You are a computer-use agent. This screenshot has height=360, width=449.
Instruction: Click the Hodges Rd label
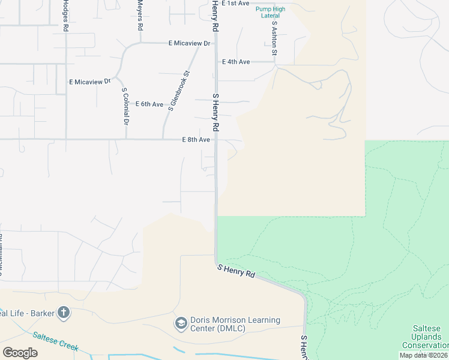pos(65,16)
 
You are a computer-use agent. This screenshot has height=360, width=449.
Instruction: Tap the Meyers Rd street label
pos(140,16)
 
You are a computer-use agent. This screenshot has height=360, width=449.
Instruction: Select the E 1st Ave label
pos(235,4)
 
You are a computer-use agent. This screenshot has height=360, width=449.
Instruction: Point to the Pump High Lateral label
pos(270,13)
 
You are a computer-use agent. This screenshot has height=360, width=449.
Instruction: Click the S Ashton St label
pos(274,39)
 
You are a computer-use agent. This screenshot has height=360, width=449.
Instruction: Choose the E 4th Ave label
pos(236,62)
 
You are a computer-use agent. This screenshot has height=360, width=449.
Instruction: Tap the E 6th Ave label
pos(149,104)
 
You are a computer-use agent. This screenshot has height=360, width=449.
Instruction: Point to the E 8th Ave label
pos(196,140)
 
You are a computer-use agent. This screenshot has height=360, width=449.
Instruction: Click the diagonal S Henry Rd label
pos(237,271)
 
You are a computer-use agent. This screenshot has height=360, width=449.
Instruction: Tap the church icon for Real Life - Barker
pos(64,313)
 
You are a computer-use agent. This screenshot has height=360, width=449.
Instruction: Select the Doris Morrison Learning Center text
pos(235,324)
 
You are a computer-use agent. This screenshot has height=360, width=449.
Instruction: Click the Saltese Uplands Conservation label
pos(425,337)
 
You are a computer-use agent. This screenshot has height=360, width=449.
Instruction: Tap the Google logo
pos(20,353)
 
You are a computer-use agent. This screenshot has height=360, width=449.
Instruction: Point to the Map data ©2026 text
pos(423,355)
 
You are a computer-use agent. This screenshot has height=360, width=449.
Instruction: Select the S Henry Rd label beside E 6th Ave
pos(215,112)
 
